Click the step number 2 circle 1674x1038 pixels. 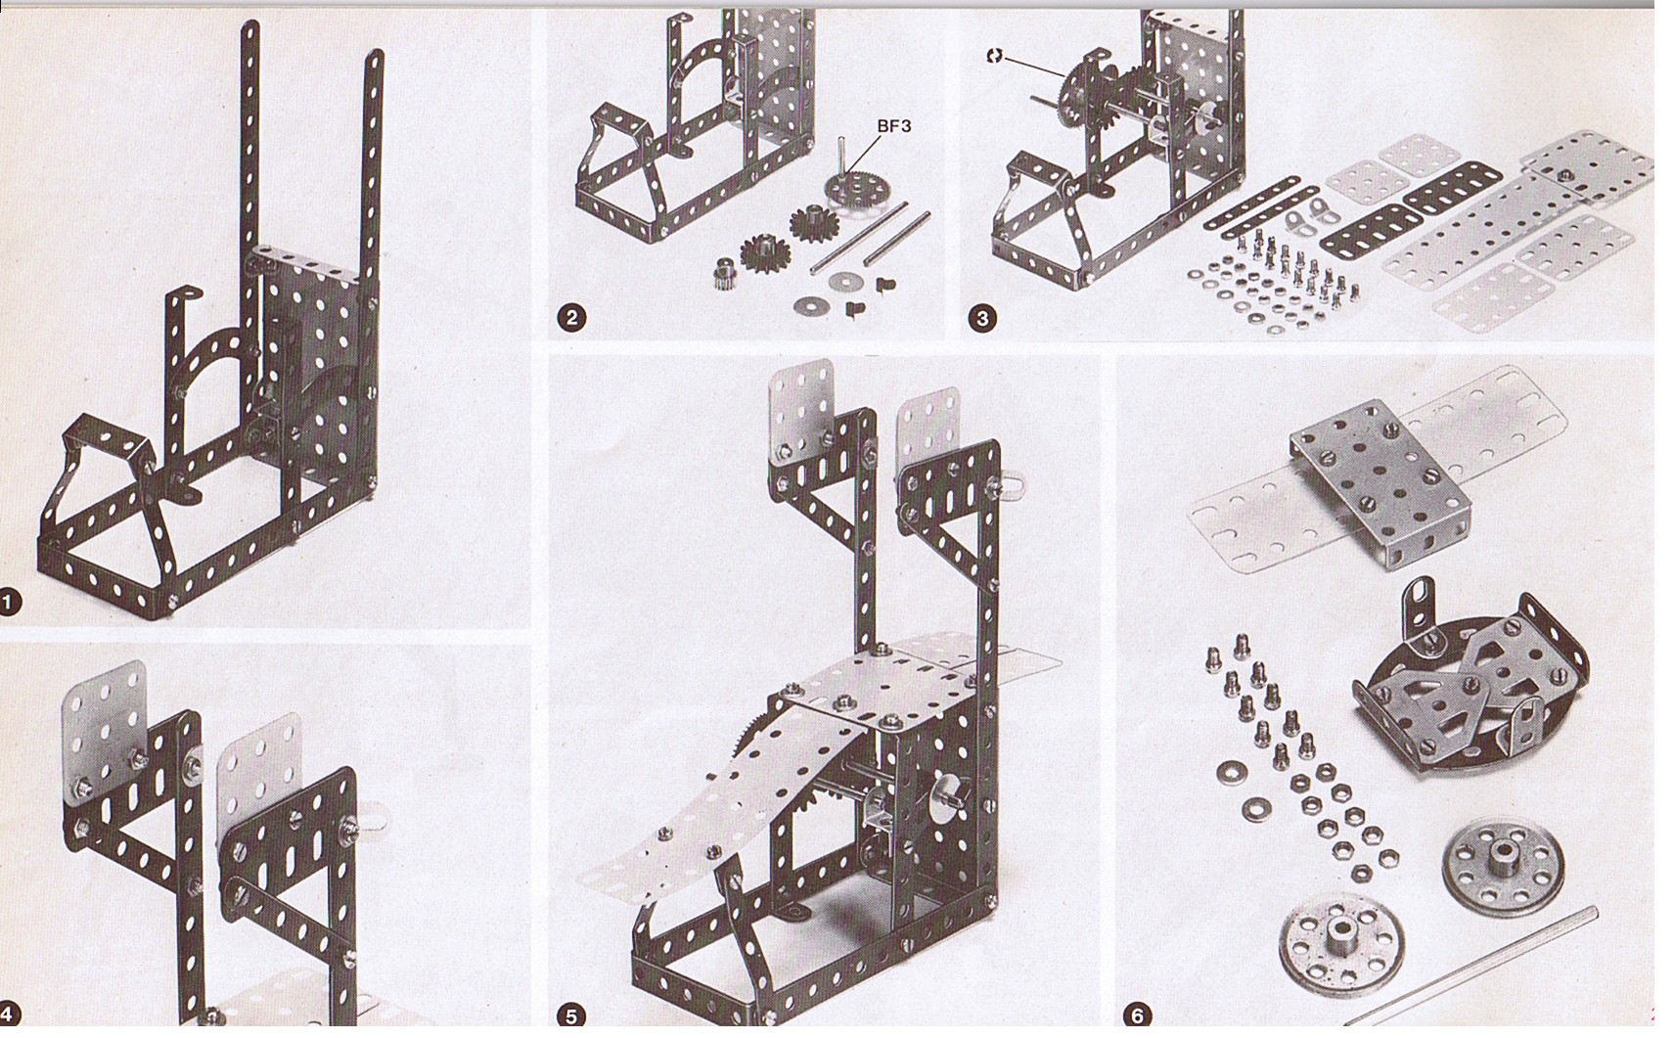point(571,318)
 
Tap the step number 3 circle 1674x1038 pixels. point(982,319)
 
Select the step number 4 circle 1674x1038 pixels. point(9,1015)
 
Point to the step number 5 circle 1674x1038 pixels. point(571,1015)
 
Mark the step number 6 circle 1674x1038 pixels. point(1137,1015)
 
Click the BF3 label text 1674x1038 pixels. point(894,126)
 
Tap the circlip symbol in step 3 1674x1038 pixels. point(994,56)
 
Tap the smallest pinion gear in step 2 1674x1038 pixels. point(725,273)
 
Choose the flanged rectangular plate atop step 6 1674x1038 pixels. point(1380,484)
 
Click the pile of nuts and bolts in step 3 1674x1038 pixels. point(1272,280)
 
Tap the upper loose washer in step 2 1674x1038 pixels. point(846,280)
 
